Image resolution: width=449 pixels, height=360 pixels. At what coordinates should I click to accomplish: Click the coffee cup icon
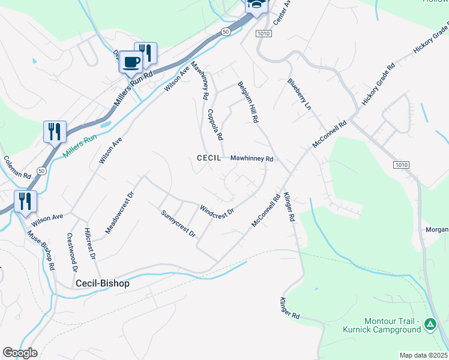(x=131, y=61)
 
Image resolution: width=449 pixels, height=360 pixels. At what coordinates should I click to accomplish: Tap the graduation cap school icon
(x=256, y=5)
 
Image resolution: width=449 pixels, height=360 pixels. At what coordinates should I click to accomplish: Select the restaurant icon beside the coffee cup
(x=146, y=53)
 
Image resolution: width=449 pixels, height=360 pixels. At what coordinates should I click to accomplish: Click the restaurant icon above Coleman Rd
(x=55, y=131)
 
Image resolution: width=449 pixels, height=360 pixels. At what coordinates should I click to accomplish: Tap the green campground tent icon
(x=430, y=325)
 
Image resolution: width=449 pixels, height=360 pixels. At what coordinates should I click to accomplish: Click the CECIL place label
(x=210, y=158)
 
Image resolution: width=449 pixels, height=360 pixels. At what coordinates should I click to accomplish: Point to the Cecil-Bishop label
(x=102, y=283)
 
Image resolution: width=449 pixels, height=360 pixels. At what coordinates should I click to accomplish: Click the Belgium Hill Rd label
(x=247, y=102)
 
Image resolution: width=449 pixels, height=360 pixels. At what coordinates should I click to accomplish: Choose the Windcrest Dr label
(x=217, y=211)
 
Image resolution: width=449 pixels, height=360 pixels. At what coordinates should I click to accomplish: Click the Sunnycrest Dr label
(x=178, y=223)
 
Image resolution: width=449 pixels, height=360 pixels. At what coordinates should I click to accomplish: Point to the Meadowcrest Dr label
(x=116, y=212)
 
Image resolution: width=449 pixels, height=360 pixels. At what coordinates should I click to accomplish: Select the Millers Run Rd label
(x=134, y=89)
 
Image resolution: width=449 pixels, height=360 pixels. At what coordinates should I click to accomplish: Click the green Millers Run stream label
(x=80, y=146)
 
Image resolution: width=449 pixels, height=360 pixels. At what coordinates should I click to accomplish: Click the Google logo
(x=20, y=353)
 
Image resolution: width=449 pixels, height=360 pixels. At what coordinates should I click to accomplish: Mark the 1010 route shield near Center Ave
(x=262, y=34)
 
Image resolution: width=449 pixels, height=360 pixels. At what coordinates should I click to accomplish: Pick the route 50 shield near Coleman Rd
(x=40, y=170)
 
